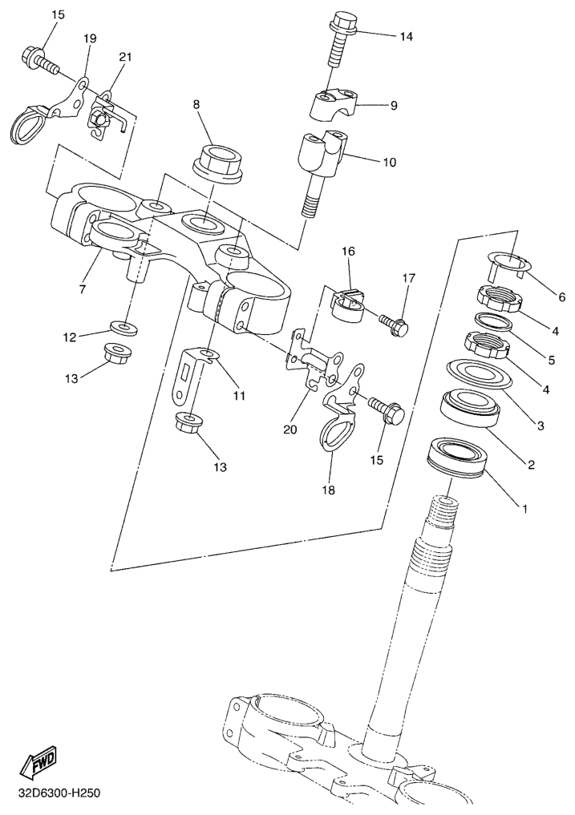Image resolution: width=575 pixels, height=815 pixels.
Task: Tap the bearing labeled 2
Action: (471, 405)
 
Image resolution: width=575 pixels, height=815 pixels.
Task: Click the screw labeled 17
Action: (394, 323)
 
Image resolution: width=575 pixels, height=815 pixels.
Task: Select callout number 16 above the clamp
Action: (348, 251)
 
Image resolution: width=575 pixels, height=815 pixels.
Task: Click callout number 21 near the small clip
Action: (124, 57)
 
